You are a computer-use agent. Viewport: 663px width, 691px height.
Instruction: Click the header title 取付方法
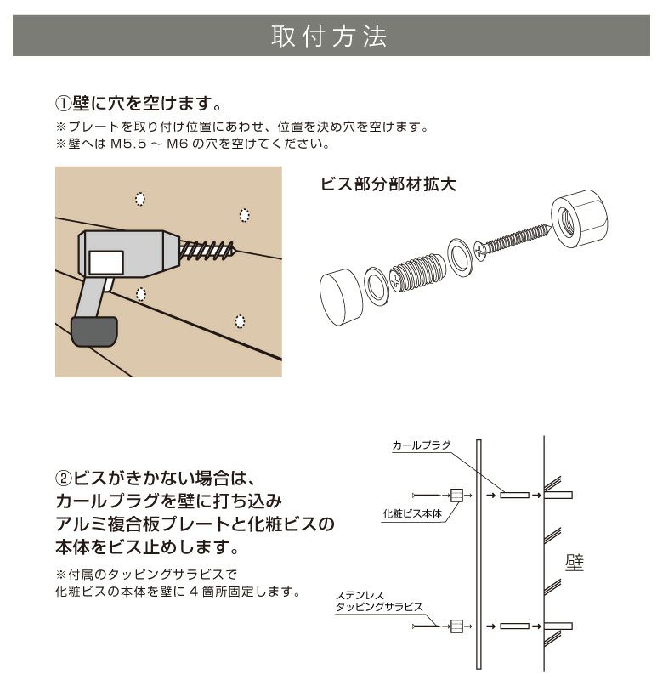tap(330, 37)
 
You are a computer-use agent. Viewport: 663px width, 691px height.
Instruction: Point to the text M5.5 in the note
tap(128, 144)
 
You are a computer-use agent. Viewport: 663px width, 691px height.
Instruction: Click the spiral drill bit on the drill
tap(208, 249)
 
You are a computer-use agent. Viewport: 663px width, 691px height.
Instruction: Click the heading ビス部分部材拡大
tap(388, 184)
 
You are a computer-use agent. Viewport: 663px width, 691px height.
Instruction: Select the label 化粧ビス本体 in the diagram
tap(412, 514)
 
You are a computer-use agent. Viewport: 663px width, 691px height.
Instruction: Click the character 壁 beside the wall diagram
tap(574, 562)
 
